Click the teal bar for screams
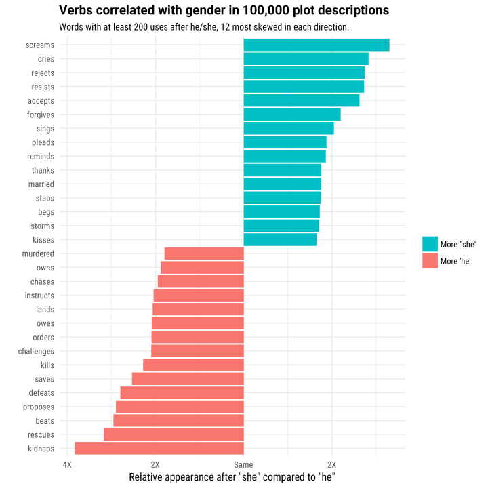pyautogui.click(x=316, y=45)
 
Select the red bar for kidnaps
pyautogui.click(x=159, y=448)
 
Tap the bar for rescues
pyautogui.click(x=174, y=434)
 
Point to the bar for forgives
pyautogui.click(x=291, y=115)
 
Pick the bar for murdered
pyautogui.click(x=204, y=253)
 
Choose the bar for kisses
pyautogui.click(x=279, y=240)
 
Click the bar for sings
pyautogui.click(x=288, y=128)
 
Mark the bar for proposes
pyautogui.click(x=180, y=407)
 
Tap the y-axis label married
pyautogui.click(x=41, y=184)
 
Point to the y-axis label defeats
pyautogui.click(x=41, y=393)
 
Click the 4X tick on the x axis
pyautogui.click(x=66, y=464)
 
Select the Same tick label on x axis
pyautogui.click(x=243, y=464)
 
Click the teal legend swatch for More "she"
pyautogui.click(x=430, y=244)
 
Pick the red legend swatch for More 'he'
pyautogui.click(x=430, y=261)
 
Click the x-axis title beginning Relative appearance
pyautogui.click(x=232, y=477)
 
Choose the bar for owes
pyautogui.click(x=197, y=323)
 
